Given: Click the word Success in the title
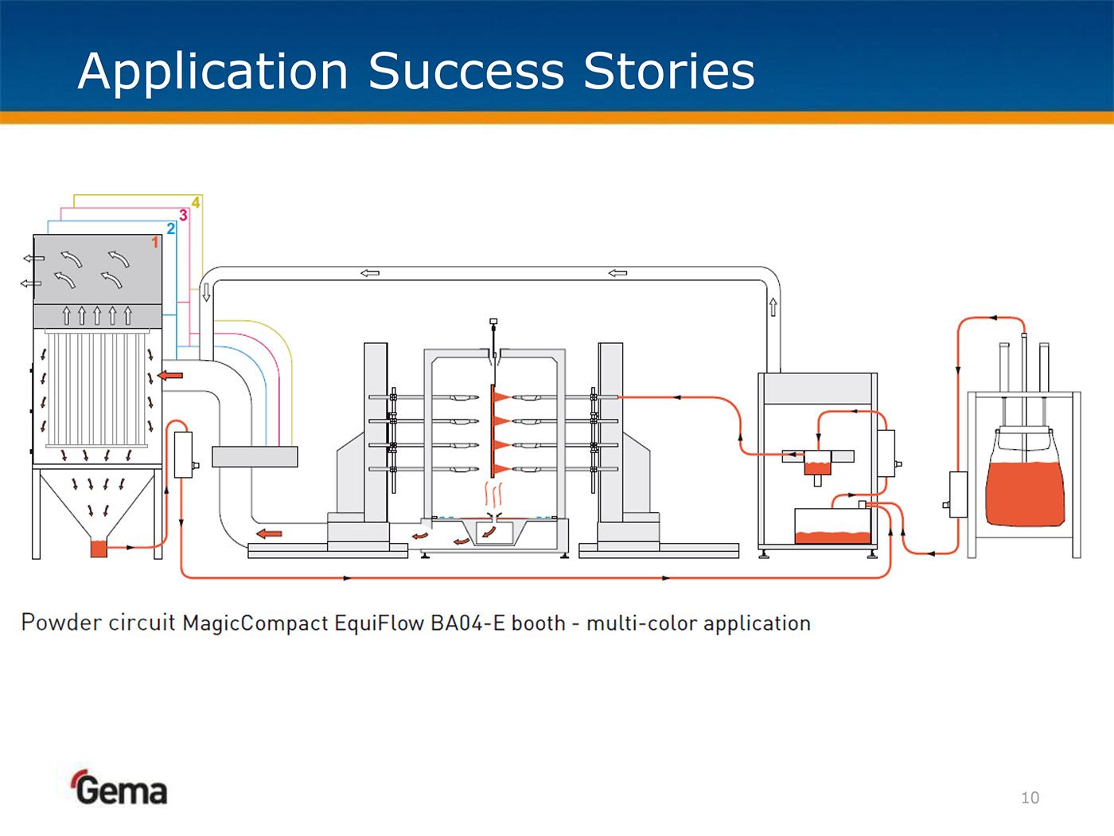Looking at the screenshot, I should [466, 72].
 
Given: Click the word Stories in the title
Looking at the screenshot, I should [669, 72].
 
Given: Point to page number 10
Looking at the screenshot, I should [1030, 798].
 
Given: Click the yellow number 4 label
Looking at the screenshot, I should [196, 202].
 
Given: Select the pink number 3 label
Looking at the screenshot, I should [183, 215].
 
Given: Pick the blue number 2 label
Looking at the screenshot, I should [170, 229].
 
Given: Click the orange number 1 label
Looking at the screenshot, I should [155, 242].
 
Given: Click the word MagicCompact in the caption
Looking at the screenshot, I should [255, 623].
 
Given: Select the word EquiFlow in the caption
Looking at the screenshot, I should [379, 623].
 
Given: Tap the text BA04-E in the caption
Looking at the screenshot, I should [468, 623].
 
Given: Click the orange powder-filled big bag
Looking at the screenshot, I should [1024, 494].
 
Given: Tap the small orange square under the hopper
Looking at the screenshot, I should [99, 548].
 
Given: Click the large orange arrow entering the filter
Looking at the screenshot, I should [170, 375].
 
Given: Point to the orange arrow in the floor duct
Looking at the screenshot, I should [269, 533].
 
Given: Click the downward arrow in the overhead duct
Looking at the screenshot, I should [206, 292].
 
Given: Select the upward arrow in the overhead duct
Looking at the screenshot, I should [773, 307].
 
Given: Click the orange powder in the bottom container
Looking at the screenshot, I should [832, 537].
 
